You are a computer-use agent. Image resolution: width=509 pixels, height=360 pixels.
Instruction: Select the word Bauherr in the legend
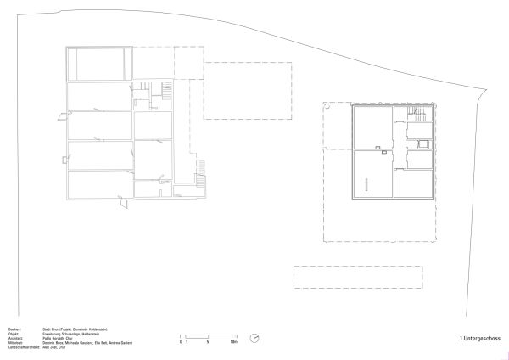[x=14, y=327]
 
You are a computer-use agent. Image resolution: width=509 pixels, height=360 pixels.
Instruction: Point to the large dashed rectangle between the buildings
[x=249, y=92]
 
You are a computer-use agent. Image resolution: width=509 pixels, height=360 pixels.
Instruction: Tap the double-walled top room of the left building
[x=100, y=64]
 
